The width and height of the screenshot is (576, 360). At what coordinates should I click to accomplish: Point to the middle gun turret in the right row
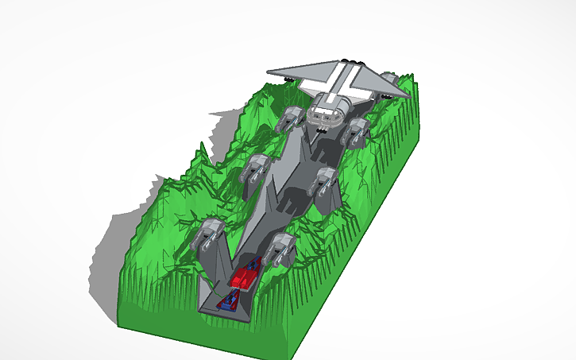[326, 181]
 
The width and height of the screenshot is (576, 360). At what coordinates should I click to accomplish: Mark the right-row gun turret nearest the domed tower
[355, 131]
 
